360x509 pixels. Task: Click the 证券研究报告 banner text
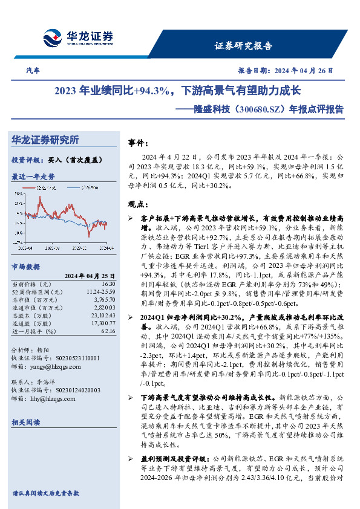click(244, 46)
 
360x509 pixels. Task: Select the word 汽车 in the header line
click(34, 71)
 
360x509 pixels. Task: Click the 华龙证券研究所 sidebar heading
click(45, 140)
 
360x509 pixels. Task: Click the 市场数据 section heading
click(25, 266)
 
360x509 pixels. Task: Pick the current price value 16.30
click(108, 284)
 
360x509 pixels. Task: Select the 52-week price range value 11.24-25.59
click(100, 292)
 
